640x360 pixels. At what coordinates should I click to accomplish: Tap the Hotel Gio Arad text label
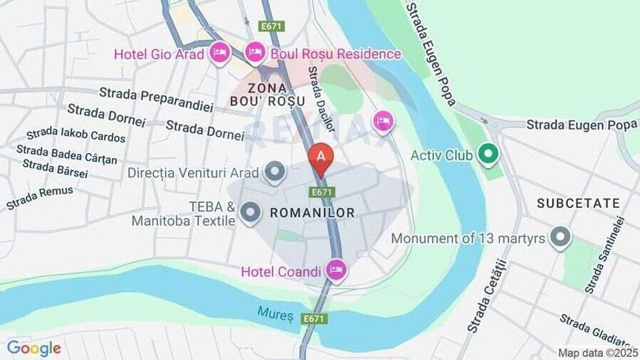click(159, 54)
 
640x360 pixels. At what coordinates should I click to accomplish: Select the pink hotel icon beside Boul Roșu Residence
click(255, 51)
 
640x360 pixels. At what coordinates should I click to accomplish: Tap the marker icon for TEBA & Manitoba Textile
click(251, 213)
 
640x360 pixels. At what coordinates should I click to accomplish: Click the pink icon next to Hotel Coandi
click(337, 270)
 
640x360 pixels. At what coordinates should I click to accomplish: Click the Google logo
click(34, 348)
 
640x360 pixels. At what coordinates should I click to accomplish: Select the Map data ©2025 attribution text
click(597, 353)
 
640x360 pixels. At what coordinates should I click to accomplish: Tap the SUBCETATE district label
click(578, 203)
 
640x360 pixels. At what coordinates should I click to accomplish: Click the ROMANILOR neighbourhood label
click(311, 213)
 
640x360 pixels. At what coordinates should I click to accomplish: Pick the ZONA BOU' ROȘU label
click(267, 95)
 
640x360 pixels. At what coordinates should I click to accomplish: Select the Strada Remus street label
click(40, 198)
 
